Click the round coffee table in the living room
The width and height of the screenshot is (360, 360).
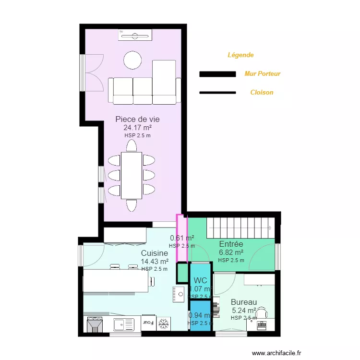tap(132, 60)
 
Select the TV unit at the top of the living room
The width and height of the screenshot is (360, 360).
tap(135, 35)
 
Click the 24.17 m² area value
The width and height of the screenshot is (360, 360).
tap(137, 128)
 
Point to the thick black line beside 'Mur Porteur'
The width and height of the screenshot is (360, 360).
tap(217, 74)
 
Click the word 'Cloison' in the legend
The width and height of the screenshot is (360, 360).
tap(262, 92)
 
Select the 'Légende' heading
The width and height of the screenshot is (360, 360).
tap(240, 55)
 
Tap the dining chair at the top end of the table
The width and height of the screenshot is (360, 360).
tap(132, 145)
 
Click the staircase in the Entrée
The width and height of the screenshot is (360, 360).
tap(240, 227)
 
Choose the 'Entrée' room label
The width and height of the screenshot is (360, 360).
tap(231, 244)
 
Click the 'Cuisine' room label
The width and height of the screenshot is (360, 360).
tap(154, 253)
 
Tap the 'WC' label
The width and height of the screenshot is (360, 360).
tap(201, 280)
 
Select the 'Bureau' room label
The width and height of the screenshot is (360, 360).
tap(243, 302)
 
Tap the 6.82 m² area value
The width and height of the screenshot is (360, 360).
tap(231, 252)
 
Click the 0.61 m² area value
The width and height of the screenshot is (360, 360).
tap(182, 238)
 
